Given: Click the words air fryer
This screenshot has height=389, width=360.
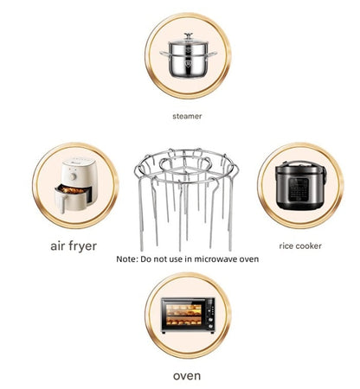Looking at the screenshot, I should pos(74,246).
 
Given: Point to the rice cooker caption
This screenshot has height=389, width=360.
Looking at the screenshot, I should pos(300,246).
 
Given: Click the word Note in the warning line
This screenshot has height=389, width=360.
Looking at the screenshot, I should pos(126,258).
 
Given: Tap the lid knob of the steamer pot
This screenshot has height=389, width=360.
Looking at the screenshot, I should pos(181,35).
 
